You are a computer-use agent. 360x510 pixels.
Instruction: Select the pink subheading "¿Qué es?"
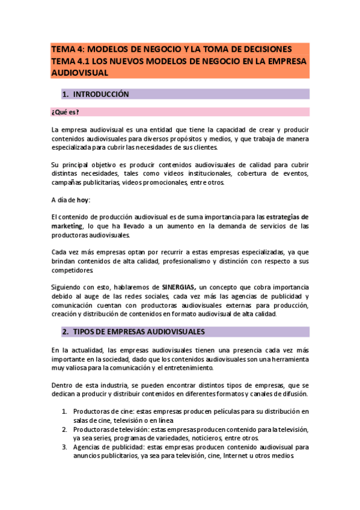pos(66,112)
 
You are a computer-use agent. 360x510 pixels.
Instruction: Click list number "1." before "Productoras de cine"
pos(65,411)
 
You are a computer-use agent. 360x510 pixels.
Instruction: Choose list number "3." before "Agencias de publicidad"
pos(65,447)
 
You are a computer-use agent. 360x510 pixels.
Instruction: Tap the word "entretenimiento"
pos(207,367)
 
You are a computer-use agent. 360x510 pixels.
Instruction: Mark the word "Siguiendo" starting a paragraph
pos(67,287)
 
